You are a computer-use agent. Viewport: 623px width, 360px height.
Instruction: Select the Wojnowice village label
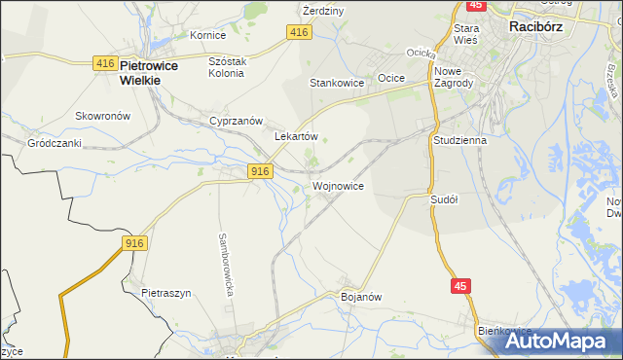(x=338, y=185)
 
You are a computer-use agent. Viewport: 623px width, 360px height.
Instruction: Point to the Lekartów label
(x=297, y=137)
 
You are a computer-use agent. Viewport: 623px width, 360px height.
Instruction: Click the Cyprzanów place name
(x=237, y=121)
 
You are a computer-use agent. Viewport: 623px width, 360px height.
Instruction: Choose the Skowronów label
(x=103, y=115)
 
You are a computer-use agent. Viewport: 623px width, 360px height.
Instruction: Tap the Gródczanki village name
(x=54, y=142)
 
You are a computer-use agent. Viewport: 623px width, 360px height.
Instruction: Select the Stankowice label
(x=337, y=84)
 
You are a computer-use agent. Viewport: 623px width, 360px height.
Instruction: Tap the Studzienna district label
(x=458, y=140)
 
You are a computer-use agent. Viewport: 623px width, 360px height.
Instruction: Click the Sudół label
(x=444, y=198)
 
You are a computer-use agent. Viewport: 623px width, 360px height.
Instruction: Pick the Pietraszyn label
(x=165, y=292)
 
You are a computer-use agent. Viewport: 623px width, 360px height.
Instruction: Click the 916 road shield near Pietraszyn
(x=134, y=242)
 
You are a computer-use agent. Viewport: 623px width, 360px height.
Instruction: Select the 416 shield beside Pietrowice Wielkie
(x=106, y=63)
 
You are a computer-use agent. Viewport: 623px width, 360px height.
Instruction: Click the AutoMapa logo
(x=560, y=341)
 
